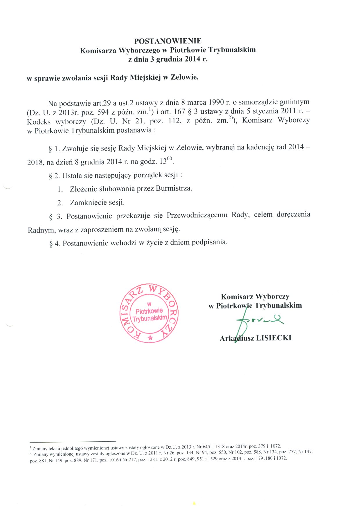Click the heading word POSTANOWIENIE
(168, 41)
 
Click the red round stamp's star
(150, 338)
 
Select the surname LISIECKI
(274, 338)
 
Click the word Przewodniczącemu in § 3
(197, 215)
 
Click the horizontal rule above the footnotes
(73, 441)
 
